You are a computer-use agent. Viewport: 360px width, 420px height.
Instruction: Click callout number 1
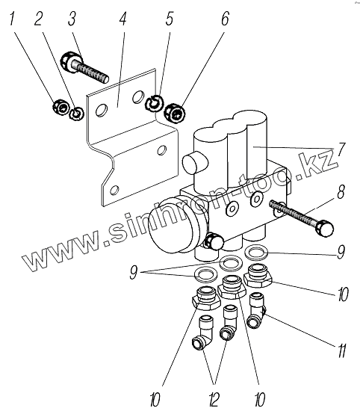point(12,19)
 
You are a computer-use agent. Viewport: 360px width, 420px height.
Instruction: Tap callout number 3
point(72,19)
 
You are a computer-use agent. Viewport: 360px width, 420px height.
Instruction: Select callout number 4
point(122,19)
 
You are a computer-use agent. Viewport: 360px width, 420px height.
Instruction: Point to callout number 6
point(225,19)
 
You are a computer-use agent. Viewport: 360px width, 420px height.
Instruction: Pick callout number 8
point(340,192)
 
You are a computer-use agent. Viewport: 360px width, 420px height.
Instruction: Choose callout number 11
point(341,350)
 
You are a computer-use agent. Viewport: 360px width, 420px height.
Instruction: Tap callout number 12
point(214,400)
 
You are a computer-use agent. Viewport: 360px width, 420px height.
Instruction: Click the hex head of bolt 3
point(70,61)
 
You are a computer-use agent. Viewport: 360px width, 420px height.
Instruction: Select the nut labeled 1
point(60,108)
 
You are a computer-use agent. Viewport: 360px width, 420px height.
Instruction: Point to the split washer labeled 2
point(76,114)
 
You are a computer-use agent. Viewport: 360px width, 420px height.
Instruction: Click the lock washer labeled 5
point(154,103)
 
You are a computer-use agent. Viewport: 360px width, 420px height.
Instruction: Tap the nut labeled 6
point(175,114)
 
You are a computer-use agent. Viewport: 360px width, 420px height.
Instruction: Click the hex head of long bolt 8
point(325,229)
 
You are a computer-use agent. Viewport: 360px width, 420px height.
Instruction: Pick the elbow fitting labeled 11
point(257,311)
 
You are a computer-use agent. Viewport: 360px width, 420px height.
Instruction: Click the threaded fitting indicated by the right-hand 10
point(258,276)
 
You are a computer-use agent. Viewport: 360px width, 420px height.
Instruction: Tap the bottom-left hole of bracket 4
point(114,190)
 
